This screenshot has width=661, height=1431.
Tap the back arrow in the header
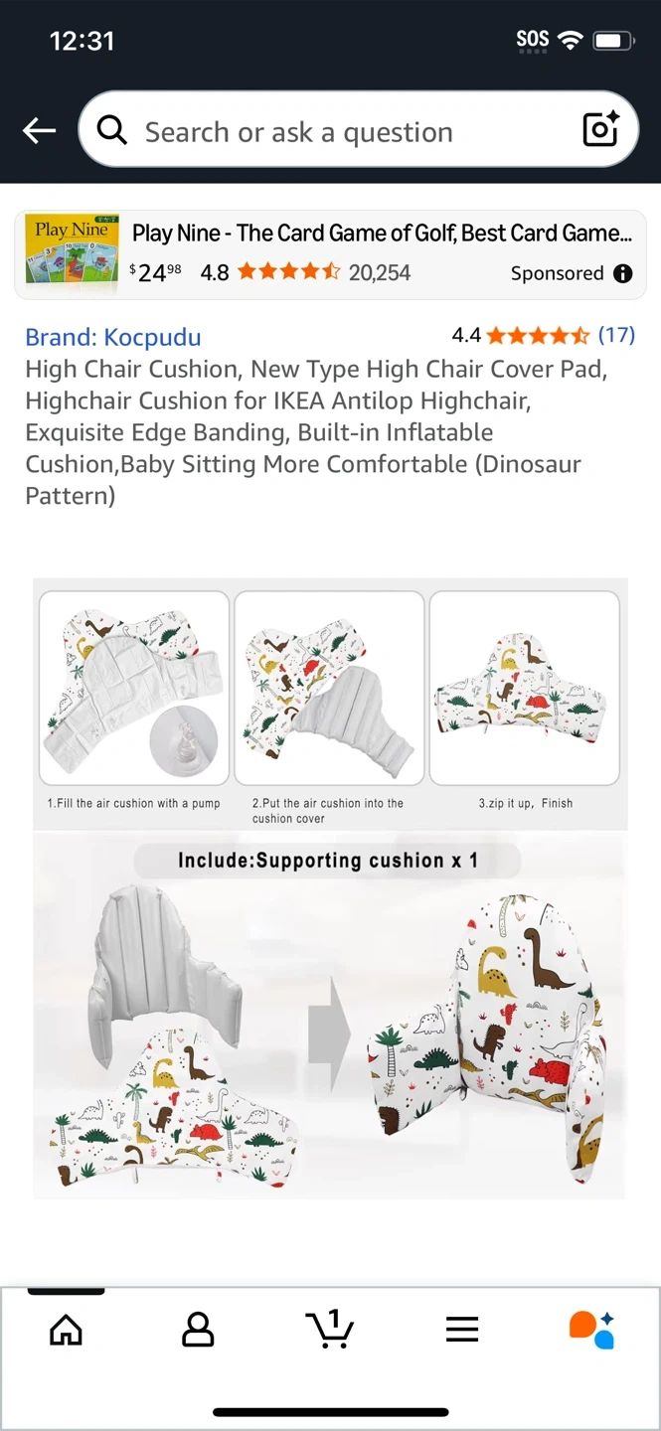(39, 130)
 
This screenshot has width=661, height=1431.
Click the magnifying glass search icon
(112, 130)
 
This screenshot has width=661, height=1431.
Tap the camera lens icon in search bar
(601, 128)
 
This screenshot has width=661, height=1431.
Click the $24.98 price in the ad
(155, 272)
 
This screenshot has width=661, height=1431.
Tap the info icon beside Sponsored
(622, 273)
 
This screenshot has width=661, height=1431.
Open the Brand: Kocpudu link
(113, 337)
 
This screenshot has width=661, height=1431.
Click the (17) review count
(616, 334)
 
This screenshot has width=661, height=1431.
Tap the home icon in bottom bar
(66, 1330)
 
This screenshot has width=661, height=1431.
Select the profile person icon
(198, 1330)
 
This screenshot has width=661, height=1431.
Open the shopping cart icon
(329, 1329)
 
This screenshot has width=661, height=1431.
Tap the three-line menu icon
(462, 1329)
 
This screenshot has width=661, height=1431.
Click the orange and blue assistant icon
(592, 1330)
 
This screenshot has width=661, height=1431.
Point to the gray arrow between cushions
(329, 1034)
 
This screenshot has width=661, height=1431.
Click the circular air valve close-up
(184, 741)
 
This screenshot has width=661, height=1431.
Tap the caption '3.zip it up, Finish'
(526, 803)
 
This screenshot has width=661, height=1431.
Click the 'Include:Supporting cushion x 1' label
(327, 860)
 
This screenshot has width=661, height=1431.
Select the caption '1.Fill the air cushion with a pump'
(133, 803)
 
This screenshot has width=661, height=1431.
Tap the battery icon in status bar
(613, 41)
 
